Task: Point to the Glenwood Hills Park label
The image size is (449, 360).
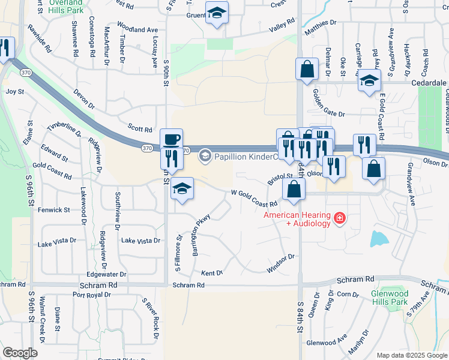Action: (x=390, y=298)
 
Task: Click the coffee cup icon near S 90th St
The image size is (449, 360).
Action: (x=171, y=139)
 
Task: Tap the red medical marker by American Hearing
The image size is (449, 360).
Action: (x=340, y=217)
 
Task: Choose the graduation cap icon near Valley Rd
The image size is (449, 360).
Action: (x=216, y=13)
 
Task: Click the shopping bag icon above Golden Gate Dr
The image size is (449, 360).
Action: (x=307, y=69)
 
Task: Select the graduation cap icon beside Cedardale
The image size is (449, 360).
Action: (x=369, y=81)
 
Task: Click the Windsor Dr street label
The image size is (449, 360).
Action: (x=281, y=262)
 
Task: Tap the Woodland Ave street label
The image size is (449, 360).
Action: (x=137, y=29)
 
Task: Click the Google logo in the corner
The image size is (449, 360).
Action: (x=20, y=353)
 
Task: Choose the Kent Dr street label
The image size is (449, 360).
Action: (x=212, y=273)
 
